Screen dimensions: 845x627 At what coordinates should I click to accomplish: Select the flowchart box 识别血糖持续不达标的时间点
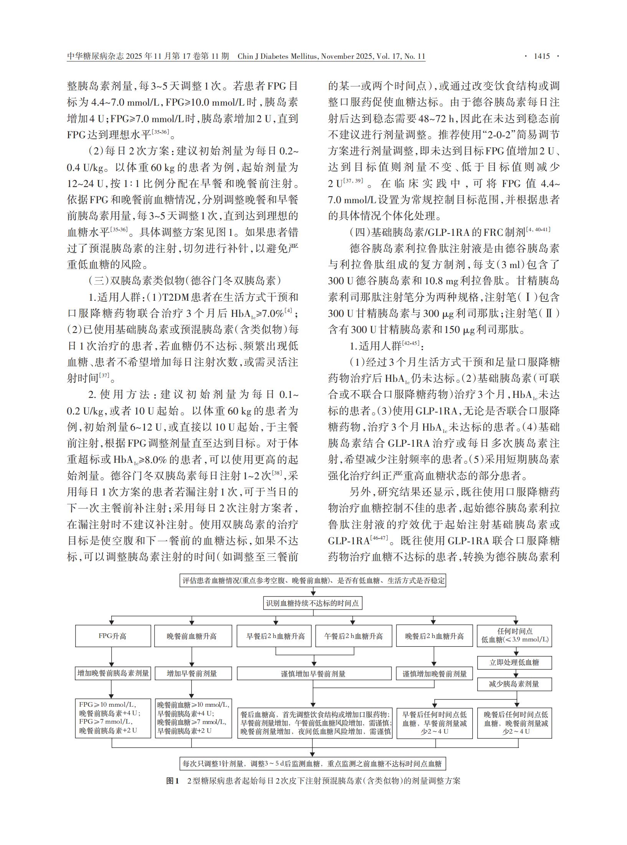[313, 603]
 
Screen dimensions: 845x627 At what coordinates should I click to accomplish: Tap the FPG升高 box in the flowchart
[112, 636]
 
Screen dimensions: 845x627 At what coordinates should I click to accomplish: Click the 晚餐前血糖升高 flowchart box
[192, 636]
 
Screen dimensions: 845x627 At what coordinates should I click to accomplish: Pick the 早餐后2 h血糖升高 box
[275, 636]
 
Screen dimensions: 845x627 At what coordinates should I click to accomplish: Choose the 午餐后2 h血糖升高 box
[353, 636]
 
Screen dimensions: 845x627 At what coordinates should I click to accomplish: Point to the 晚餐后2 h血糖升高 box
[434, 636]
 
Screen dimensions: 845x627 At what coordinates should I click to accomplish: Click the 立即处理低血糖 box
[514, 662]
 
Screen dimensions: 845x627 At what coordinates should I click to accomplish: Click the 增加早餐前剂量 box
[192, 673]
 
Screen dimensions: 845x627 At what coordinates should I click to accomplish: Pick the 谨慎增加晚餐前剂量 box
[434, 674]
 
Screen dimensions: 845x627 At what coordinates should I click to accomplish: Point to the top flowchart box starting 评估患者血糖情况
[313, 580]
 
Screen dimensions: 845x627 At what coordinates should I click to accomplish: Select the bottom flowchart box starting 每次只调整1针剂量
[313, 764]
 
